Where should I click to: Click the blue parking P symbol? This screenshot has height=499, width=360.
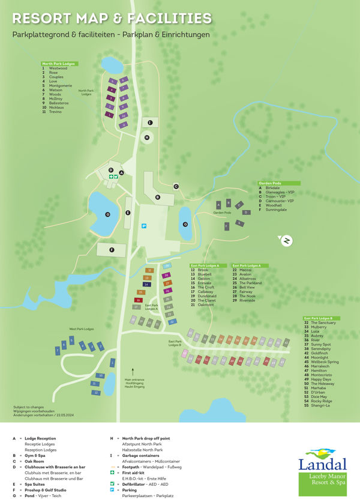pos(143,226)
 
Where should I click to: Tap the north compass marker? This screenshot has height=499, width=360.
pos(287,241)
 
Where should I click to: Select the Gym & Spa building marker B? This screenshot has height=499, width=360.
pos(157,196)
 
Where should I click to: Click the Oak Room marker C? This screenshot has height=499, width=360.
pos(176,186)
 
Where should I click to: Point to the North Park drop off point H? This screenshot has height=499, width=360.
pos(146,138)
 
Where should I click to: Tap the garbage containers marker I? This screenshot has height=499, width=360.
pos(150,122)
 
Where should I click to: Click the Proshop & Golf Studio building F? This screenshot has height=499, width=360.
pos(112,250)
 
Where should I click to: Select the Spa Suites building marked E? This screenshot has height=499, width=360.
pos(128,213)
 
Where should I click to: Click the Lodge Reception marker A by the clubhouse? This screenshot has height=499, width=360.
pos(122,172)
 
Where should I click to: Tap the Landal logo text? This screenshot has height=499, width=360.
pos(323,464)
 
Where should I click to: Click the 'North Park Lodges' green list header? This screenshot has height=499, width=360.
pos(59,64)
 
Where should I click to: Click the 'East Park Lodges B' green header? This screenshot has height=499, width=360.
pos(322,318)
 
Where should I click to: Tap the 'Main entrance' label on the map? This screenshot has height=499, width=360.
pos(135,379)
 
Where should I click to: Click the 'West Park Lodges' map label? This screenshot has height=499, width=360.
pos(82,329)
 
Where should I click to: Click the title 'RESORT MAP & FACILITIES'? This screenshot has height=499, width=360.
pos(112,19)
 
